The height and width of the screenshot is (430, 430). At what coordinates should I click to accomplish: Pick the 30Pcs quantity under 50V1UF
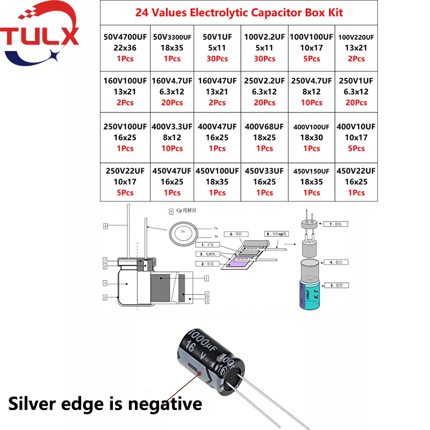[x=217, y=59]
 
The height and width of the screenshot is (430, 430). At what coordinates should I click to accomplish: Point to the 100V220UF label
[x=356, y=37]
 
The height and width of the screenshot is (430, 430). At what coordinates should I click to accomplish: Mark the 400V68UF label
[x=264, y=127]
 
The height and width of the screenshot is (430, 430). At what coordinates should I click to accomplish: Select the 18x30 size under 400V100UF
[x=311, y=138]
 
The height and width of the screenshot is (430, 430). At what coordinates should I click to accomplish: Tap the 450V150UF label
[x=311, y=171]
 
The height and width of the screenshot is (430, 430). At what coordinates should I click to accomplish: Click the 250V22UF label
[x=125, y=171]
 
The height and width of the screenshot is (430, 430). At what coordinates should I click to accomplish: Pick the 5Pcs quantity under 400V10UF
[x=356, y=148]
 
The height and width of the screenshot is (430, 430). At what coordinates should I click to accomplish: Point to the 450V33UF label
[x=264, y=171]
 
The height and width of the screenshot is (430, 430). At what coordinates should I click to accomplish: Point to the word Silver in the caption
[x=38, y=403]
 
